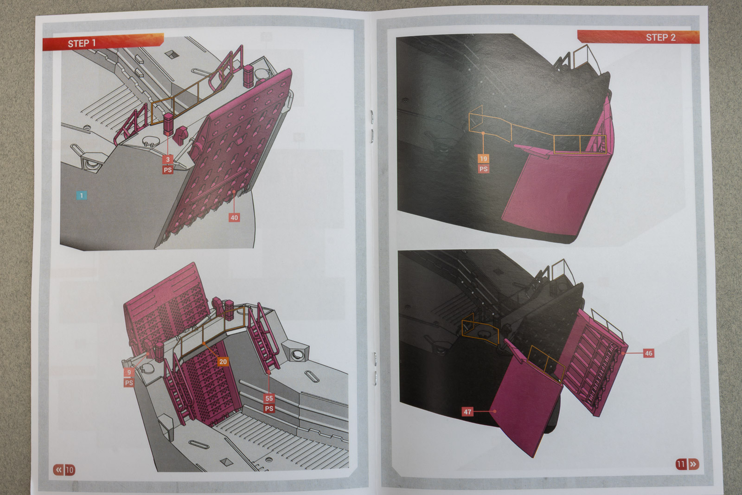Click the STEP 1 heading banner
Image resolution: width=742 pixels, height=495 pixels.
[x=103, y=42]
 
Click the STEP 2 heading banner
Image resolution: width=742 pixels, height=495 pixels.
[x=638, y=37]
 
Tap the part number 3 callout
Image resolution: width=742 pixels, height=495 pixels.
[x=168, y=160]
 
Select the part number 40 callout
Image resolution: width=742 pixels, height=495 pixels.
[x=234, y=218]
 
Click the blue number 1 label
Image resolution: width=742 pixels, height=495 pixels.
[x=82, y=195]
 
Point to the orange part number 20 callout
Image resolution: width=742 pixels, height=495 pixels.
[x=223, y=361]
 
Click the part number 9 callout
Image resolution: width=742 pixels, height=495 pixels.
[x=129, y=373]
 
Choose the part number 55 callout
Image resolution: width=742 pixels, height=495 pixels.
[x=269, y=398]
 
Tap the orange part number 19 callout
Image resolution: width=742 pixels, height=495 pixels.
[x=483, y=159]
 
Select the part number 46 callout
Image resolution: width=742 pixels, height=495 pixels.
[x=648, y=353]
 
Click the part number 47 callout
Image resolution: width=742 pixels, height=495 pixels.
[x=467, y=412]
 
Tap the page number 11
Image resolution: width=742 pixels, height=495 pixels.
[x=681, y=464]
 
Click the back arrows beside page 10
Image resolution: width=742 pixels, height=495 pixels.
[x=58, y=469]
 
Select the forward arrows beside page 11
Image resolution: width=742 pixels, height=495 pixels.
[x=693, y=464]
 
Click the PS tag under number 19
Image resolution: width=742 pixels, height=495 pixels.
[x=483, y=169]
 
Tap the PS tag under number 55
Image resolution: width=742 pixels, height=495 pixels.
[x=269, y=409]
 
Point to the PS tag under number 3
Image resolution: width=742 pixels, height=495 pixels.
[x=168, y=170]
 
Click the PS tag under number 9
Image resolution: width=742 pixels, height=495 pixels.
[x=129, y=383]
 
